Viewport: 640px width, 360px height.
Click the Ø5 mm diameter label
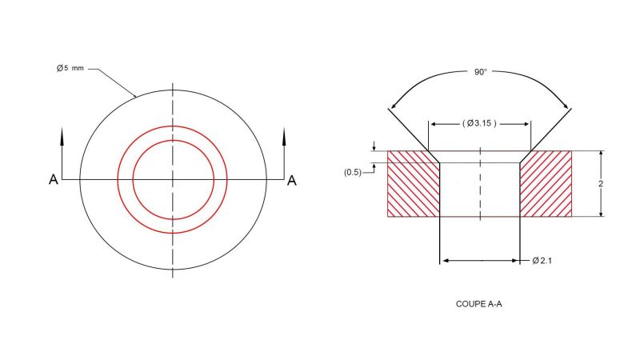70,69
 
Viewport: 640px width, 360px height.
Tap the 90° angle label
480,72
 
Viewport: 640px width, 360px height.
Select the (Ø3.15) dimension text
480,123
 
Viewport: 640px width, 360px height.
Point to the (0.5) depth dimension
353,172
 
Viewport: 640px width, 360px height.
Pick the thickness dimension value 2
612,183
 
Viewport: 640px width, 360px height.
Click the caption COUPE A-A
478,304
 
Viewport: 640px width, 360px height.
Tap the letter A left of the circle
53,181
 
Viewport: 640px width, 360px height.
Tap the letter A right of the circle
292,181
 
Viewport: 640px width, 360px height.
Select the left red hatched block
413,183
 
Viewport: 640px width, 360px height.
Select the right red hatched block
546,183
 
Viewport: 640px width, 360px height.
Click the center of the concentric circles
172,179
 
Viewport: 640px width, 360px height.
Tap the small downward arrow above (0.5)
373,146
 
